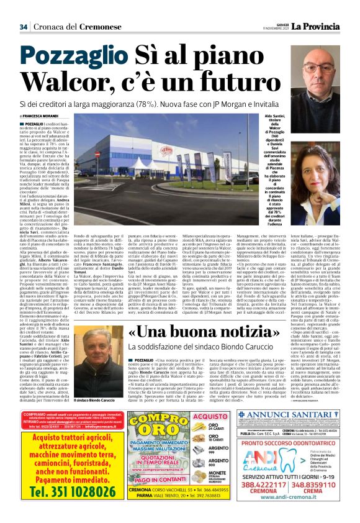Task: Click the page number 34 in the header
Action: click(x=24, y=26)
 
